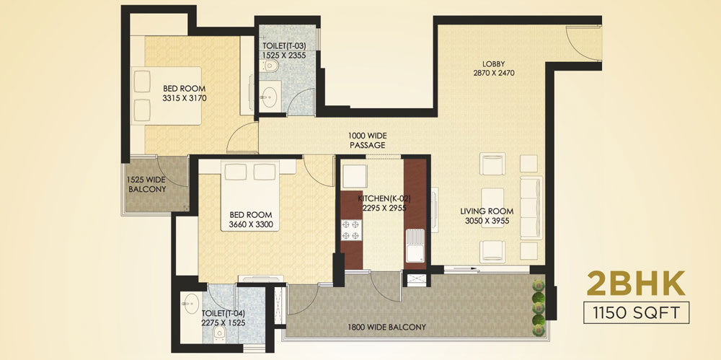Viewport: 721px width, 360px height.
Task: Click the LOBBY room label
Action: coord(494,63)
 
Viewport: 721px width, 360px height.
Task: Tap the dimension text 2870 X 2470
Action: coord(494,73)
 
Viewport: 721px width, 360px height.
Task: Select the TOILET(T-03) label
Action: coord(283,46)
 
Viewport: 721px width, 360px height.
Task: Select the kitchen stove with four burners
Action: coord(351,229)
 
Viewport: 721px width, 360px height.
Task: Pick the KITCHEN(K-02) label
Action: coord(384,199)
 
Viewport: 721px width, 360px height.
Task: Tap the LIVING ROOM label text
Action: coord(487,212)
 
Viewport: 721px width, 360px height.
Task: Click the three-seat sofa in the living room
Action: coord(531,207)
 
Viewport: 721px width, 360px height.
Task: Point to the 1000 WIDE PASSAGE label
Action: coord(367,141)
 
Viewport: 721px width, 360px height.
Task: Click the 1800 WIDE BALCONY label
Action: coord(386,328)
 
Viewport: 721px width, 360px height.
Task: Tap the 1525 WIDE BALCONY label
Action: coord(147,185)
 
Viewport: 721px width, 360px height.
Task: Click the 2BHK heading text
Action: coord(636,283)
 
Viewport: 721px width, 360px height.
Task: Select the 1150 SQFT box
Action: coord(637,312)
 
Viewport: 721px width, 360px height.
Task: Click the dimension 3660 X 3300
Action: coord(251,224)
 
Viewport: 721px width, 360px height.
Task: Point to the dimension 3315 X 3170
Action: coord(185,97)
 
